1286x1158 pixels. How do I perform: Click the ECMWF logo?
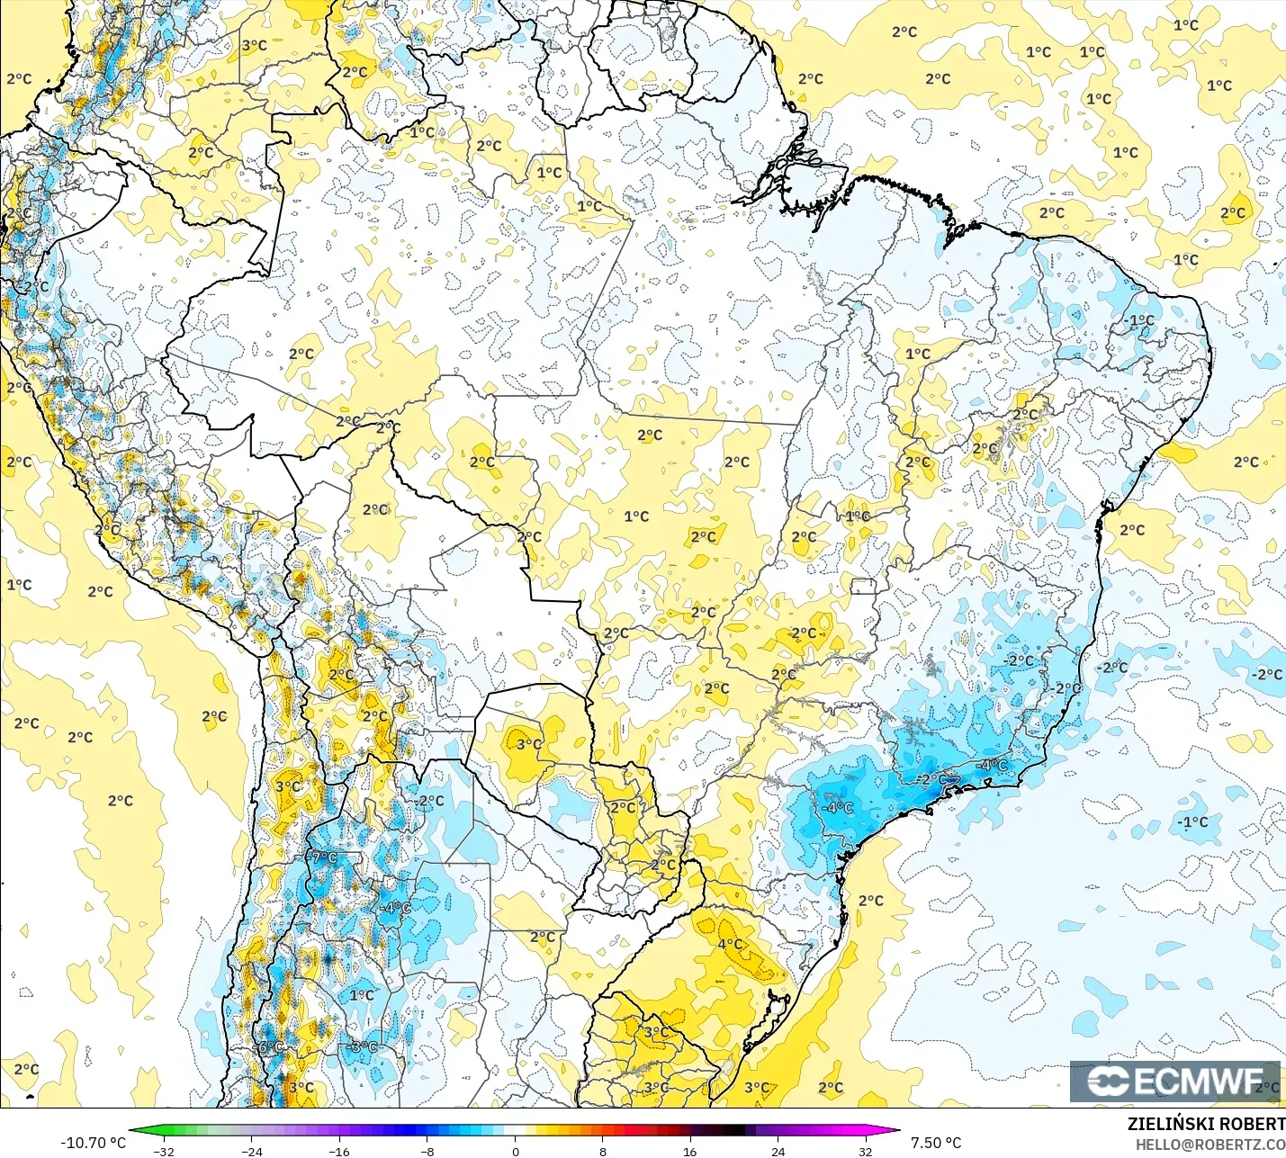[x=1174, y=1081]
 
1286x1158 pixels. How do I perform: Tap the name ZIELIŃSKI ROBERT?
[x=1206, y=1124]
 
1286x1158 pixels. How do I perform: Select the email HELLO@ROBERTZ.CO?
[x=1210, y=1145]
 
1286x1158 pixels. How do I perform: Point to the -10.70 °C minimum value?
[x=93, y=1143]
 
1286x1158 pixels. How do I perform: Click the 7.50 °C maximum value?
[x=936, y=1143]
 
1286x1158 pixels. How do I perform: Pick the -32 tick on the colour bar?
[x=164, y=1151]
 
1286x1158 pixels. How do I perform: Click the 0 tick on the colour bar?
[x=515, y=1151]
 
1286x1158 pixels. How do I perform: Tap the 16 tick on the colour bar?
[x=690, y=1151]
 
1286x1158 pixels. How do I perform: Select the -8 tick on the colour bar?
[x=427, y=1151]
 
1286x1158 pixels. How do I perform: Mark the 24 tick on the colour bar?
[x=778, y=1151]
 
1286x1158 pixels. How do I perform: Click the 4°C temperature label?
[x=730, y=944]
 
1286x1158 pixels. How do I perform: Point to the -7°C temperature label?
[x=324, y=857]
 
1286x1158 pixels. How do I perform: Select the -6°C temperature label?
[x=270, y=1047]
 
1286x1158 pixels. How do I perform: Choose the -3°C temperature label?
[x=363, y=1046]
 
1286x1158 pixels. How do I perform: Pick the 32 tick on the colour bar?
[x=865, y=1151]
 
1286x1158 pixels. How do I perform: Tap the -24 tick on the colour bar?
[x=252, y=1151]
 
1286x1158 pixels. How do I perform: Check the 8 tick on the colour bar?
[x=602, y=1151]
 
